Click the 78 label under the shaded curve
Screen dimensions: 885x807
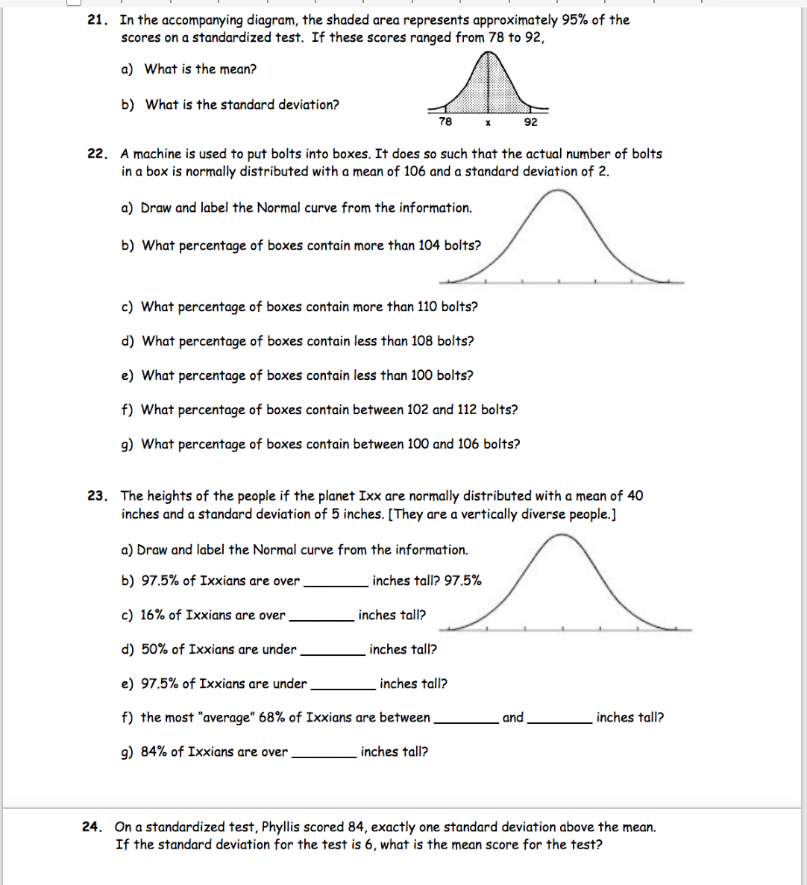click(x=445, y=122)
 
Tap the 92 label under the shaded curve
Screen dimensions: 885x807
click(x=530, y=122)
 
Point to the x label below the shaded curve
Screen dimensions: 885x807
click(x=488, y=122)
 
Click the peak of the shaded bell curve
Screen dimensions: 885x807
click(x=488, y=54)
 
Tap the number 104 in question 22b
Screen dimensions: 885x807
click(x=429, y=246)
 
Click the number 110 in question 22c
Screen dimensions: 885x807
click(x=427, y=307)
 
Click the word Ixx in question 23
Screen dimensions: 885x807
click(x=370, y=496)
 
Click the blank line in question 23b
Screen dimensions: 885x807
click(x=336, y=584)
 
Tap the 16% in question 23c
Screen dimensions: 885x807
click(x=153, y=616)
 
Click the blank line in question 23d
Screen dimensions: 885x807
click(x=332, y=653)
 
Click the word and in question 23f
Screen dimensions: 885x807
click(x=513, y=718)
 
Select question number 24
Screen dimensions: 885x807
click(x=91, y=827)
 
